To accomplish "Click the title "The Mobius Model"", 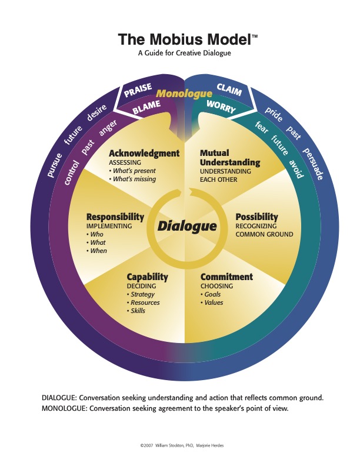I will tap(184, 39).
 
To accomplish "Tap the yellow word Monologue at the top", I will tap(184, 94).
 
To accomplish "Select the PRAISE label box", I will tap(138, 91).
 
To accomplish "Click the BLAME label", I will tap(146, 107).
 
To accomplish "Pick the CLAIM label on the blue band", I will tap(229, 89).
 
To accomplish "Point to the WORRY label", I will tap(221, 106).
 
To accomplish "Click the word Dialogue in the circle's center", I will tap(187, 226).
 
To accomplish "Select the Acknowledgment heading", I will tap(145, 154).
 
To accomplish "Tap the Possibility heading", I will tap(256, 217).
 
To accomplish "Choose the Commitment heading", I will tap(226, 277).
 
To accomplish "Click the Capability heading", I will tap(147, 277).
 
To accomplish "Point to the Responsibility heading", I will tap(115, 217).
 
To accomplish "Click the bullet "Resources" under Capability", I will tap(145, 302).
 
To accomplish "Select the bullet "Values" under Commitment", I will tap(213, 302).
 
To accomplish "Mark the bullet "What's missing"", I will tap(134, 179).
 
